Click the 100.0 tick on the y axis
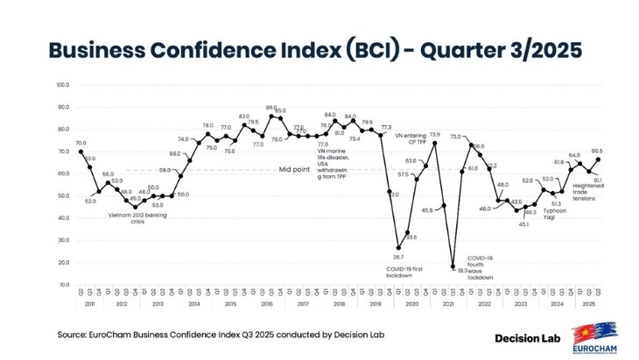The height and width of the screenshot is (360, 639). point(62,85)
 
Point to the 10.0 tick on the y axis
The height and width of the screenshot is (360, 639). point(63,285)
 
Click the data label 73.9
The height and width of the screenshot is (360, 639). point(434,135)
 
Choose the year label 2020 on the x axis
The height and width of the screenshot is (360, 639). point(410,304)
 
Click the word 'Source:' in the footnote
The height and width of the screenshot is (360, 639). point(74,335)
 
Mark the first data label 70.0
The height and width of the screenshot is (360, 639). point(81,143)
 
